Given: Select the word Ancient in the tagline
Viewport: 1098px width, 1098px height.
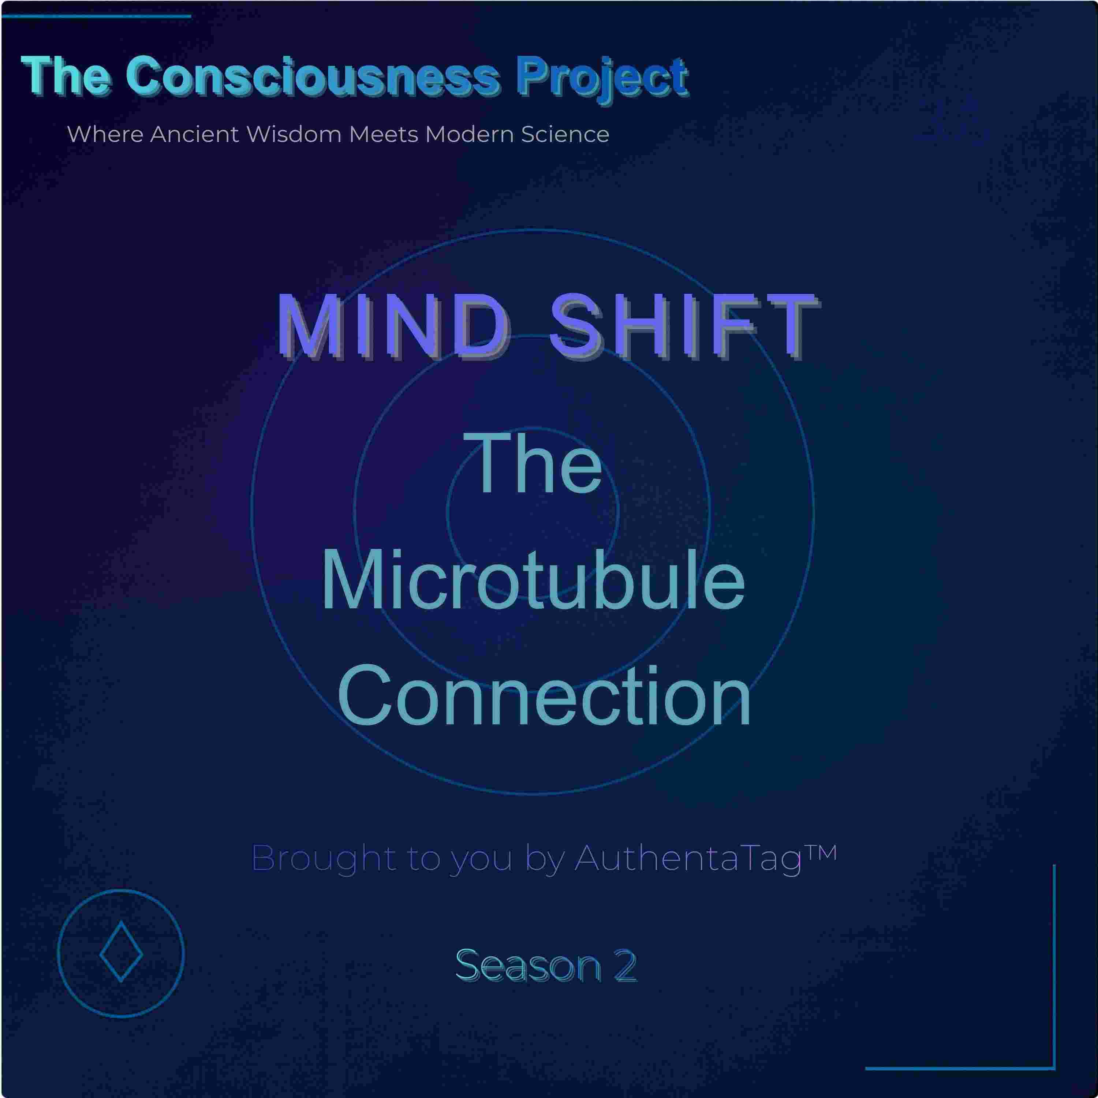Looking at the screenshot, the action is tap(194, 134).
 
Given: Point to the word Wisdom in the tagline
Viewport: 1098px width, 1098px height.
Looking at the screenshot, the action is tap(296, 134).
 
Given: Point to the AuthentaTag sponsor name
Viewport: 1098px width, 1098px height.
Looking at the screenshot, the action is tap(688, 859).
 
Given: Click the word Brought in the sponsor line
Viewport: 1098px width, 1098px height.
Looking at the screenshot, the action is tap(324, 859).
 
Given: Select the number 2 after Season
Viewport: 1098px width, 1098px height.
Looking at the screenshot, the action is tap(625, 965).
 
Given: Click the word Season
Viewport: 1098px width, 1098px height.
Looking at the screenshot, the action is tap(528, 965).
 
